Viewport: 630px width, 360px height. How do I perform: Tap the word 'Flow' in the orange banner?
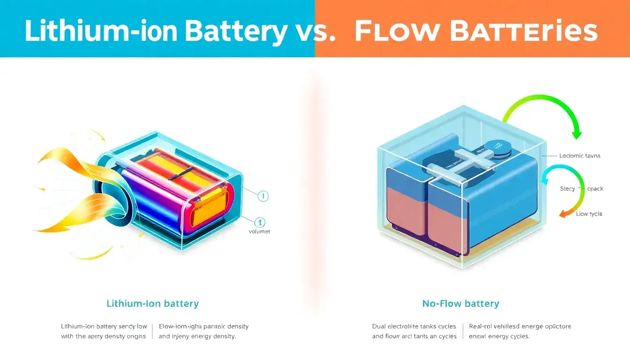coord(392,32)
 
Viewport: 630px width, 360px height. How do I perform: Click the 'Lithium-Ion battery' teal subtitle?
coord(153,303)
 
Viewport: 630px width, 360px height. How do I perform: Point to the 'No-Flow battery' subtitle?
coord(461,304)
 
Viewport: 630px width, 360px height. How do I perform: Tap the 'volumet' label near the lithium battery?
coord(259,231)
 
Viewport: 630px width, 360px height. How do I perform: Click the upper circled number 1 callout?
coord(263,196)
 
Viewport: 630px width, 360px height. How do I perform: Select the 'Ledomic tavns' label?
coord(580,156)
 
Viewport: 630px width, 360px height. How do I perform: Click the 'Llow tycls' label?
coord(589,214)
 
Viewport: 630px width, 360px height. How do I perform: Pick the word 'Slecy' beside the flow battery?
coord(568,189)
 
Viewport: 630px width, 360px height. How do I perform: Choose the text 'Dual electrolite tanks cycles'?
coord(414,326)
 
